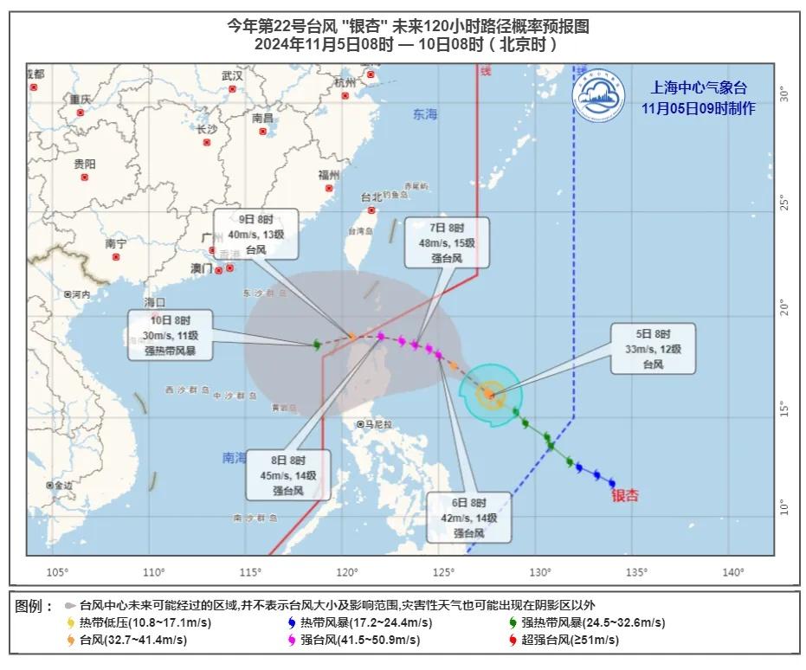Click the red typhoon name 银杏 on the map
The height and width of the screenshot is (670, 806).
[x=625, y=496]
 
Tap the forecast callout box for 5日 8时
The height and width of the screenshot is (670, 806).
[x=653, y=349]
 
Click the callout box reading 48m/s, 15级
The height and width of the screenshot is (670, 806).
[x=447, y=242]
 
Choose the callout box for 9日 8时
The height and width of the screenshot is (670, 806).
[x=256, y=234]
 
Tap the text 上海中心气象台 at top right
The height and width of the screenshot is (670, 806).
[x=699, y=87]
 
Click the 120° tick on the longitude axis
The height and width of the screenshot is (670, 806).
[x=348, y=571]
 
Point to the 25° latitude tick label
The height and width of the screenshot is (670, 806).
[x=783, y=203]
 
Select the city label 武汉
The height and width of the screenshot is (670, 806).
[x=231, y=76]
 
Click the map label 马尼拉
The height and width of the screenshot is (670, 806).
[x=378, y=424]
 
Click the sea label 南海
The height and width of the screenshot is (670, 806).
[x=234, y=458]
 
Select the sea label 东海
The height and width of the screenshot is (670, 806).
[x=425, y=114]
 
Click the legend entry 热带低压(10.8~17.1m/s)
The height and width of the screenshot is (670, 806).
[x=139, y=622]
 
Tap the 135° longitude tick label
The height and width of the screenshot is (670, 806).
[x=636, y=571]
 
